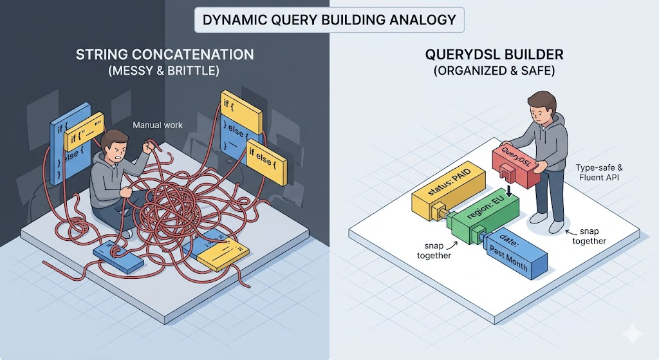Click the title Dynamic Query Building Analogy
[x=329, y=19]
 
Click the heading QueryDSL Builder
[x=494, y=55]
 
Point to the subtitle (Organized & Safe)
[x=494, y=71]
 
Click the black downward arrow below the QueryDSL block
[x=508, y=191]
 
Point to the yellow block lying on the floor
[x=223, y=254]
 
